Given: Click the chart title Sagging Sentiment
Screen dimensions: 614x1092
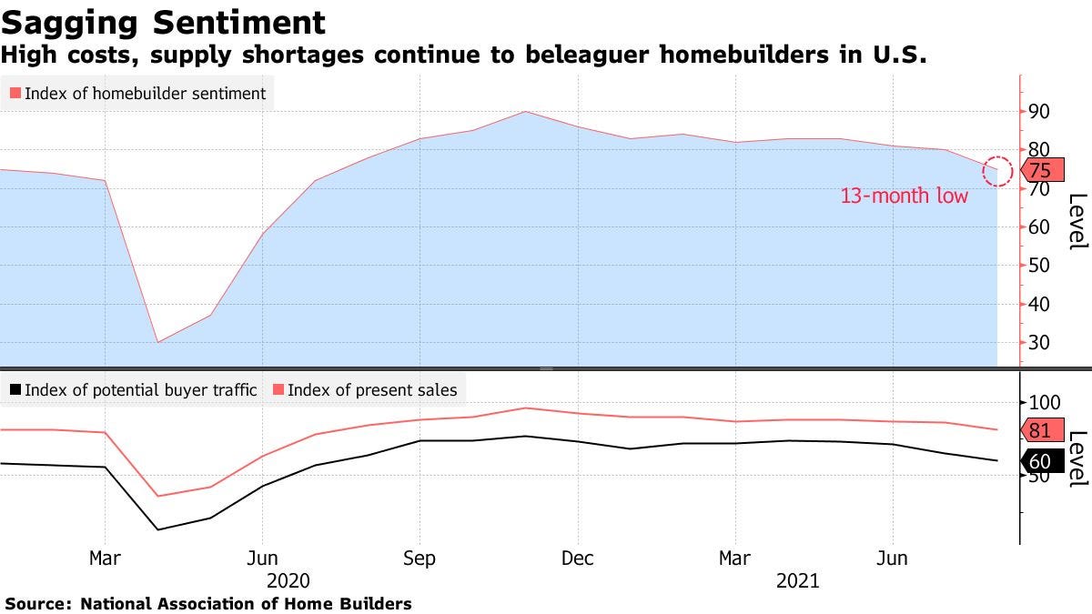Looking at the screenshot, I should pos(163,22).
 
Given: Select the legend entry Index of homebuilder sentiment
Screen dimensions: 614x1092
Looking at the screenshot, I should pos(137,93).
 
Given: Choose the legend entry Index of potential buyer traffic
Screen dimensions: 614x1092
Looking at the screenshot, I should pos(132,390).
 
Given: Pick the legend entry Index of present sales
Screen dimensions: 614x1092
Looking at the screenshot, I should pos(372,390).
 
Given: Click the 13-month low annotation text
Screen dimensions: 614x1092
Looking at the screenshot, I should pos(904,196).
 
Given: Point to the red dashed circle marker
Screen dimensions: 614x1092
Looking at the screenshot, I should pos(997,170).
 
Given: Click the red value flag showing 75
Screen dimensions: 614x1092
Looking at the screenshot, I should pos(1038,170).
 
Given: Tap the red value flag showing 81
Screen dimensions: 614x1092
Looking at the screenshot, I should pos(1038,430).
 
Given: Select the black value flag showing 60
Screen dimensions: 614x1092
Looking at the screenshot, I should pos(1038,461).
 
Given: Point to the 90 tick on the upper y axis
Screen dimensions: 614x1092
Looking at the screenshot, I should pos(1039,111).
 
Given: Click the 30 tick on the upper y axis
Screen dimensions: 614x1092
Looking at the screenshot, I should pos(1039,343).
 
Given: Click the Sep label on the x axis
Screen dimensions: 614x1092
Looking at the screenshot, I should pos(420,559).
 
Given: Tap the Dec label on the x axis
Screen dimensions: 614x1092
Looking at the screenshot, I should pos(578,559).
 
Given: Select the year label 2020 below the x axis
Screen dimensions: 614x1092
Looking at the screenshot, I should pos(288,580).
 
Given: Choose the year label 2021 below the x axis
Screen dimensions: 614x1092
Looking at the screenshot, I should pos(797,580).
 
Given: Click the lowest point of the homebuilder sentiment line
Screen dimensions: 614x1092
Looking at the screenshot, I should pos(158,342).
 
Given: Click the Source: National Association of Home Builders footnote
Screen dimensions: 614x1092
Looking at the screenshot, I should pos(208,603).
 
